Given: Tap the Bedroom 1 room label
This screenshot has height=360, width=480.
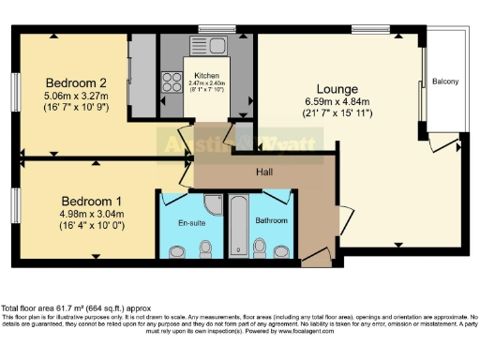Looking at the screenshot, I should click(93, 201).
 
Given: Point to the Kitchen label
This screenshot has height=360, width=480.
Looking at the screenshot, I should click(207, 75).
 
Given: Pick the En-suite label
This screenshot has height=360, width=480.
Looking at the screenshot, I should click(192, 224).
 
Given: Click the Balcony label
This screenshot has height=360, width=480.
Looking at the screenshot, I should click(445, 82).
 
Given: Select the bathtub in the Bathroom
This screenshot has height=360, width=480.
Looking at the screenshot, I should click(238, 225).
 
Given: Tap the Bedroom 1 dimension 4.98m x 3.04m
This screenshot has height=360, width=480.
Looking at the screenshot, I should click(93, 214).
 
